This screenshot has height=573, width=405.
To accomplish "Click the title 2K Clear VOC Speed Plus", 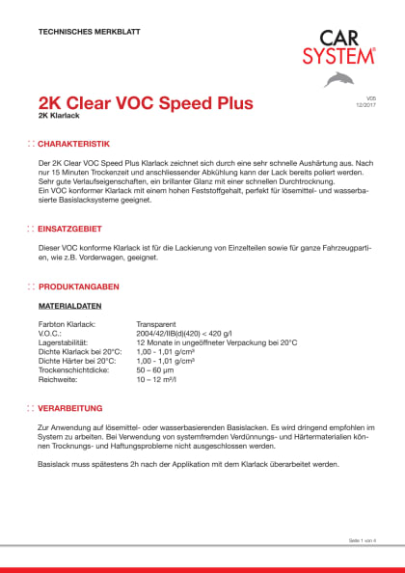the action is click(145, 102).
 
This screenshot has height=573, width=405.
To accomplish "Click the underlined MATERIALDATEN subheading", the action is click(70, 306).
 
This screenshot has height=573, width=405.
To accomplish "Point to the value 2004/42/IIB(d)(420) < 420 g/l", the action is click(186, 333).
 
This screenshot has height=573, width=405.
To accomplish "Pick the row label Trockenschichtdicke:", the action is click(74, 369).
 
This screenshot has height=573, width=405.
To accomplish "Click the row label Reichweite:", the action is click(57, 379).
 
